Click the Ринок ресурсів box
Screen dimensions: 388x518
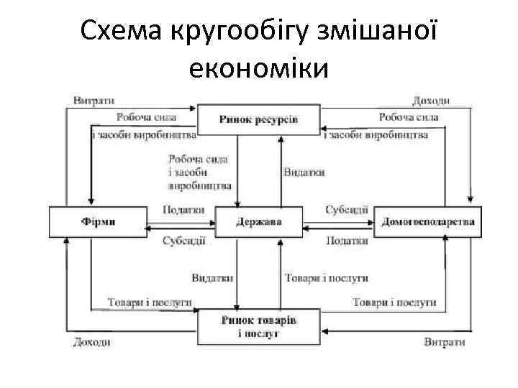tap(258, 119)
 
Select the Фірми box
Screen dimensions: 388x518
tap(98, 221)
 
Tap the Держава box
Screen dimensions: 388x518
tap(259, 221)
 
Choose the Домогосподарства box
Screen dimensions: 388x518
tap(429, 221)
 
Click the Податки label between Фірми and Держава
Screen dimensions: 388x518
tap(183, 210)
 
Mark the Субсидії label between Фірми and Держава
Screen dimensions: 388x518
tap(183, 241)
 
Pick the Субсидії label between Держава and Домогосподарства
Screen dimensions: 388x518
tap(346, 210)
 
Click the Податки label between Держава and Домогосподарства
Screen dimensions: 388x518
tap(346, 241)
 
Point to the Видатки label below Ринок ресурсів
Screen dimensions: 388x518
tap(304, 172)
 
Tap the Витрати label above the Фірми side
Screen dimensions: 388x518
tap(94, 100)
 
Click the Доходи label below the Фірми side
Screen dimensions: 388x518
tap(92, 342)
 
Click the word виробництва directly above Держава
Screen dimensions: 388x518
tap(200, 185)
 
